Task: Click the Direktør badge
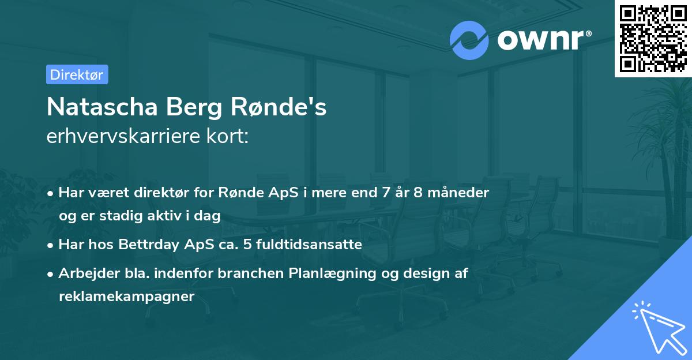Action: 77,74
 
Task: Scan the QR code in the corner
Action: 653,38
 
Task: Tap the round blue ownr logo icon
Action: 469,40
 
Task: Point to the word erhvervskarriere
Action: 119,137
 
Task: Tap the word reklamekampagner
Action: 127,296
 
